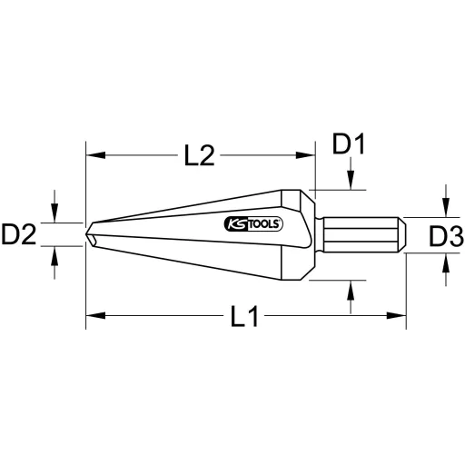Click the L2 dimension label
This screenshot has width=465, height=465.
[x=200, y=156]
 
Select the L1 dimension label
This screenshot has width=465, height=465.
[x=243, y=316]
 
